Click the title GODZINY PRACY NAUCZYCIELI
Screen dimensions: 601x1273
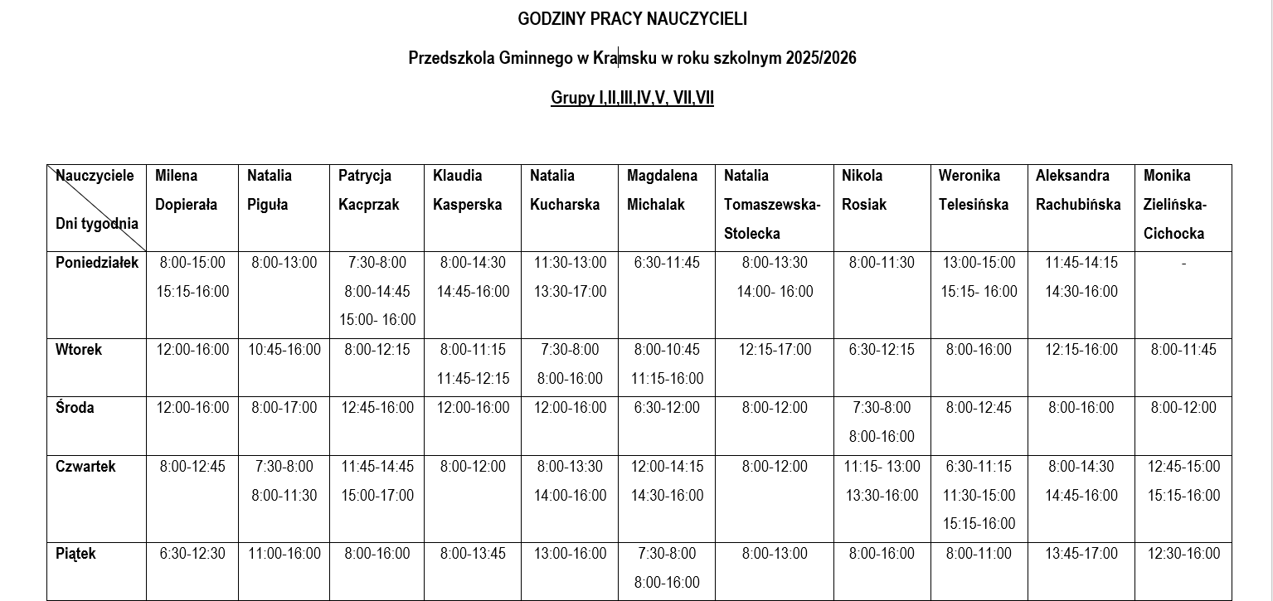pos(632,18)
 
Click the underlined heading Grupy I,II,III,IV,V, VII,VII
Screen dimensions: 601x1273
pos(632,98)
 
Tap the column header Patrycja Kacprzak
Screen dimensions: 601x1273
pos(369,190)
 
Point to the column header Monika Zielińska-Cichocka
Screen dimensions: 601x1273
pos(1175,204)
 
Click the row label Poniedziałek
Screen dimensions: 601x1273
pos(97,263)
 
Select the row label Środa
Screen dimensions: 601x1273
pos(75,408)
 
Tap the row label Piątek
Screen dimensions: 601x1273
pos(75,553)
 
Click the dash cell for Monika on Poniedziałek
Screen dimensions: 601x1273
pos(1183,264)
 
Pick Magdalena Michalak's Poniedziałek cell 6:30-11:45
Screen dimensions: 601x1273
pos(666,263)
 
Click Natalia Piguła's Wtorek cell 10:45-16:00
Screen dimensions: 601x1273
pos(284,350)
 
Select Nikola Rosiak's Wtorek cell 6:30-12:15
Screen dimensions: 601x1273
pos(881,350)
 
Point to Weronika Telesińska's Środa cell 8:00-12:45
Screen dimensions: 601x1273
pos(979,408)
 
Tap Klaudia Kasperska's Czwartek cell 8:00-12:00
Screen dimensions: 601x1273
pos(473,467)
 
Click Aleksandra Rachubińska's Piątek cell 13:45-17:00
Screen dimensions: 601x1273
pos(1081,553)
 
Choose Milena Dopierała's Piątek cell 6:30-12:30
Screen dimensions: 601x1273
pos(192,553)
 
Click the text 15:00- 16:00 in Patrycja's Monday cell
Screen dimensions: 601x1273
pos(377,320)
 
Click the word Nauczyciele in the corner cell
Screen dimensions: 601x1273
pos(95,176)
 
